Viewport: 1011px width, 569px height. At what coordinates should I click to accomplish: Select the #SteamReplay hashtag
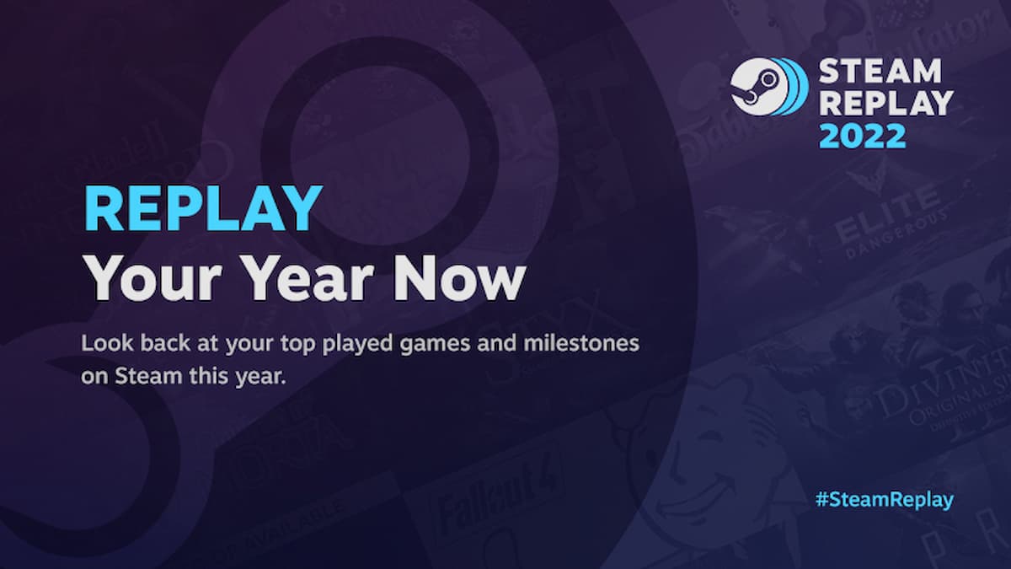(x=884, y=499)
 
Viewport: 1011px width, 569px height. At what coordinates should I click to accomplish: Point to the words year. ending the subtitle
(x=264, y=376)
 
